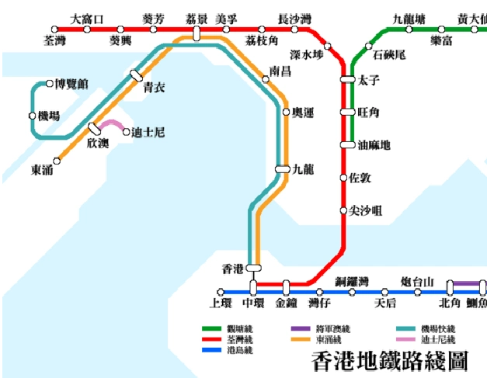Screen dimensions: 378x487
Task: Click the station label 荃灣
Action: tap(56, 40)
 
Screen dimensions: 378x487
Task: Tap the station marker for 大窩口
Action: tap(87, 29)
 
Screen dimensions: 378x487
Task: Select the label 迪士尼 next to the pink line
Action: tap(149, 132)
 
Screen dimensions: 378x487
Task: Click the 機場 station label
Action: tap(48, 116)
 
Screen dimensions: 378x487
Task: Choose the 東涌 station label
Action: tap(42, 169)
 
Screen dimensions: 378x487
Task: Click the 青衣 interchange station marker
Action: tap(137, 75)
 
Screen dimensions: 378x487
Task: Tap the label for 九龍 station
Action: tap(304, 168)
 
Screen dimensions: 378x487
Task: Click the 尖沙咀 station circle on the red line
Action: tap(344, 210)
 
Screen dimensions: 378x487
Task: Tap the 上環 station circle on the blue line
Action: tap(221, 292)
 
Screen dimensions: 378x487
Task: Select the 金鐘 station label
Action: tap(286, 303)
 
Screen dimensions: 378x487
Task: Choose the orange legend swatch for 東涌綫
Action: tap(302, 340)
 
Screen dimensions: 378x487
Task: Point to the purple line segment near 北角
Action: tap(466, 283)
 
